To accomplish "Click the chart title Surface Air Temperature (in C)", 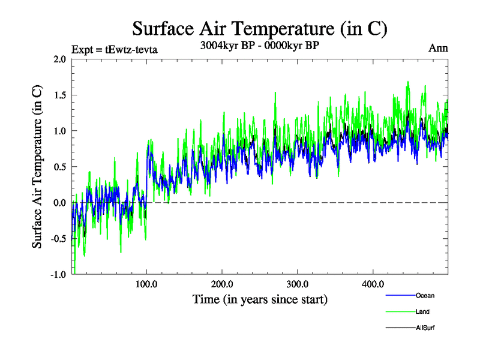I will [x=259, y=28].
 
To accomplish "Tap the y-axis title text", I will [x=37, y=167].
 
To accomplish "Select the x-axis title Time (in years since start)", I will [x=260, y=298].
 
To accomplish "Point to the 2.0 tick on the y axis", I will [x=59, y=59].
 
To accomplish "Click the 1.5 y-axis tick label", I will [x=59, y=95].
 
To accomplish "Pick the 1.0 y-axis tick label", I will [x=59, y=131].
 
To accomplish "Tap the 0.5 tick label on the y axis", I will [x=59, y=167].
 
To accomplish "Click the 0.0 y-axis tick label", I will [x=59, y=203].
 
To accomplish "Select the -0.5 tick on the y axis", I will [x=58, y=239].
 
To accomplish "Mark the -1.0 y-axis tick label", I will [x=58, y=274].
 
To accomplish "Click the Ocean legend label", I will [x=425, y=295].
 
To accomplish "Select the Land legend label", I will [x=422, y=311].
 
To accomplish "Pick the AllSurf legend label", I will [x=425, y=328].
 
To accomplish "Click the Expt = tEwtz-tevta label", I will [x=115, y=50].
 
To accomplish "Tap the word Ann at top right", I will [x=438, y=49].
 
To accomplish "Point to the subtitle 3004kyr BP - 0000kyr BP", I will [x=259, y=46].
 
